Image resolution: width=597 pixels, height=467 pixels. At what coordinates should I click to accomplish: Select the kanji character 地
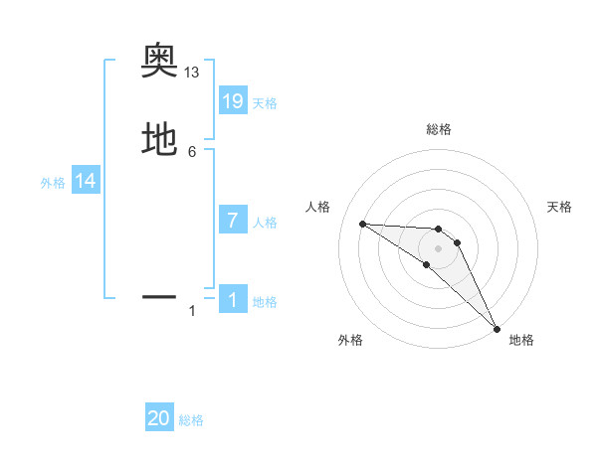click(x=159, y=138)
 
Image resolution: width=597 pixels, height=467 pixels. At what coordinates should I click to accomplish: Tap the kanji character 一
click(x=159, y=296)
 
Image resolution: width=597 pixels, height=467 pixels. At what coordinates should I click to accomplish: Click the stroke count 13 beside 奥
click(x=192, y=73)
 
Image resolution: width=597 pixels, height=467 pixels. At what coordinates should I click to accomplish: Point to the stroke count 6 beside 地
click(x=192, y=151)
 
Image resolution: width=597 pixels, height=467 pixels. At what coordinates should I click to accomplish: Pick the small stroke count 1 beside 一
click(x=192, y=311)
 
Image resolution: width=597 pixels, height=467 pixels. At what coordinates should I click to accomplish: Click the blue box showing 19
click(x=233, y=100)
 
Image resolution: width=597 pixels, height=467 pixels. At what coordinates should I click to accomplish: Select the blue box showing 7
click(x=233, y=220)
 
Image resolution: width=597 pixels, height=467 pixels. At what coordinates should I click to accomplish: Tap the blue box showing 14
click(x=86, y=181)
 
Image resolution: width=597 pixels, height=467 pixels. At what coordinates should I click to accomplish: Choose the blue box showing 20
click(x=159, y=418)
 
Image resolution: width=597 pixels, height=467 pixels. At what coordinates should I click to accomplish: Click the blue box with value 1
click(x=233, y=299)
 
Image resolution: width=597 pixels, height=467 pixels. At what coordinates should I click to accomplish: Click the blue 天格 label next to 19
click(x=265, y=102)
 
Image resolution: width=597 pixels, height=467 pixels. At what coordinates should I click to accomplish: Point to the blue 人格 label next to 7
click(x=265, y=222)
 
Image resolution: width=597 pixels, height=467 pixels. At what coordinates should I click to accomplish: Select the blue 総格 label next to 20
click(x=191, y=420)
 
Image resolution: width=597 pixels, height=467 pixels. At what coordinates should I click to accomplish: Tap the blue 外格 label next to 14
click(x=53, y=183)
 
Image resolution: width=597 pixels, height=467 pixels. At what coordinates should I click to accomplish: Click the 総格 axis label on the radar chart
click(x=438, y=130)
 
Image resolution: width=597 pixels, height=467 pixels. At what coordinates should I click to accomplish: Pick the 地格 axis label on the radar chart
click(x=521, y=340)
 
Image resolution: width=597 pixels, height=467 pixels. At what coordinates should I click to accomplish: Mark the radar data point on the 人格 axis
click(x=363, y=224)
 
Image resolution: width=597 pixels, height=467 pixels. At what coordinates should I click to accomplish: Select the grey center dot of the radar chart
click(x=438, y=247)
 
